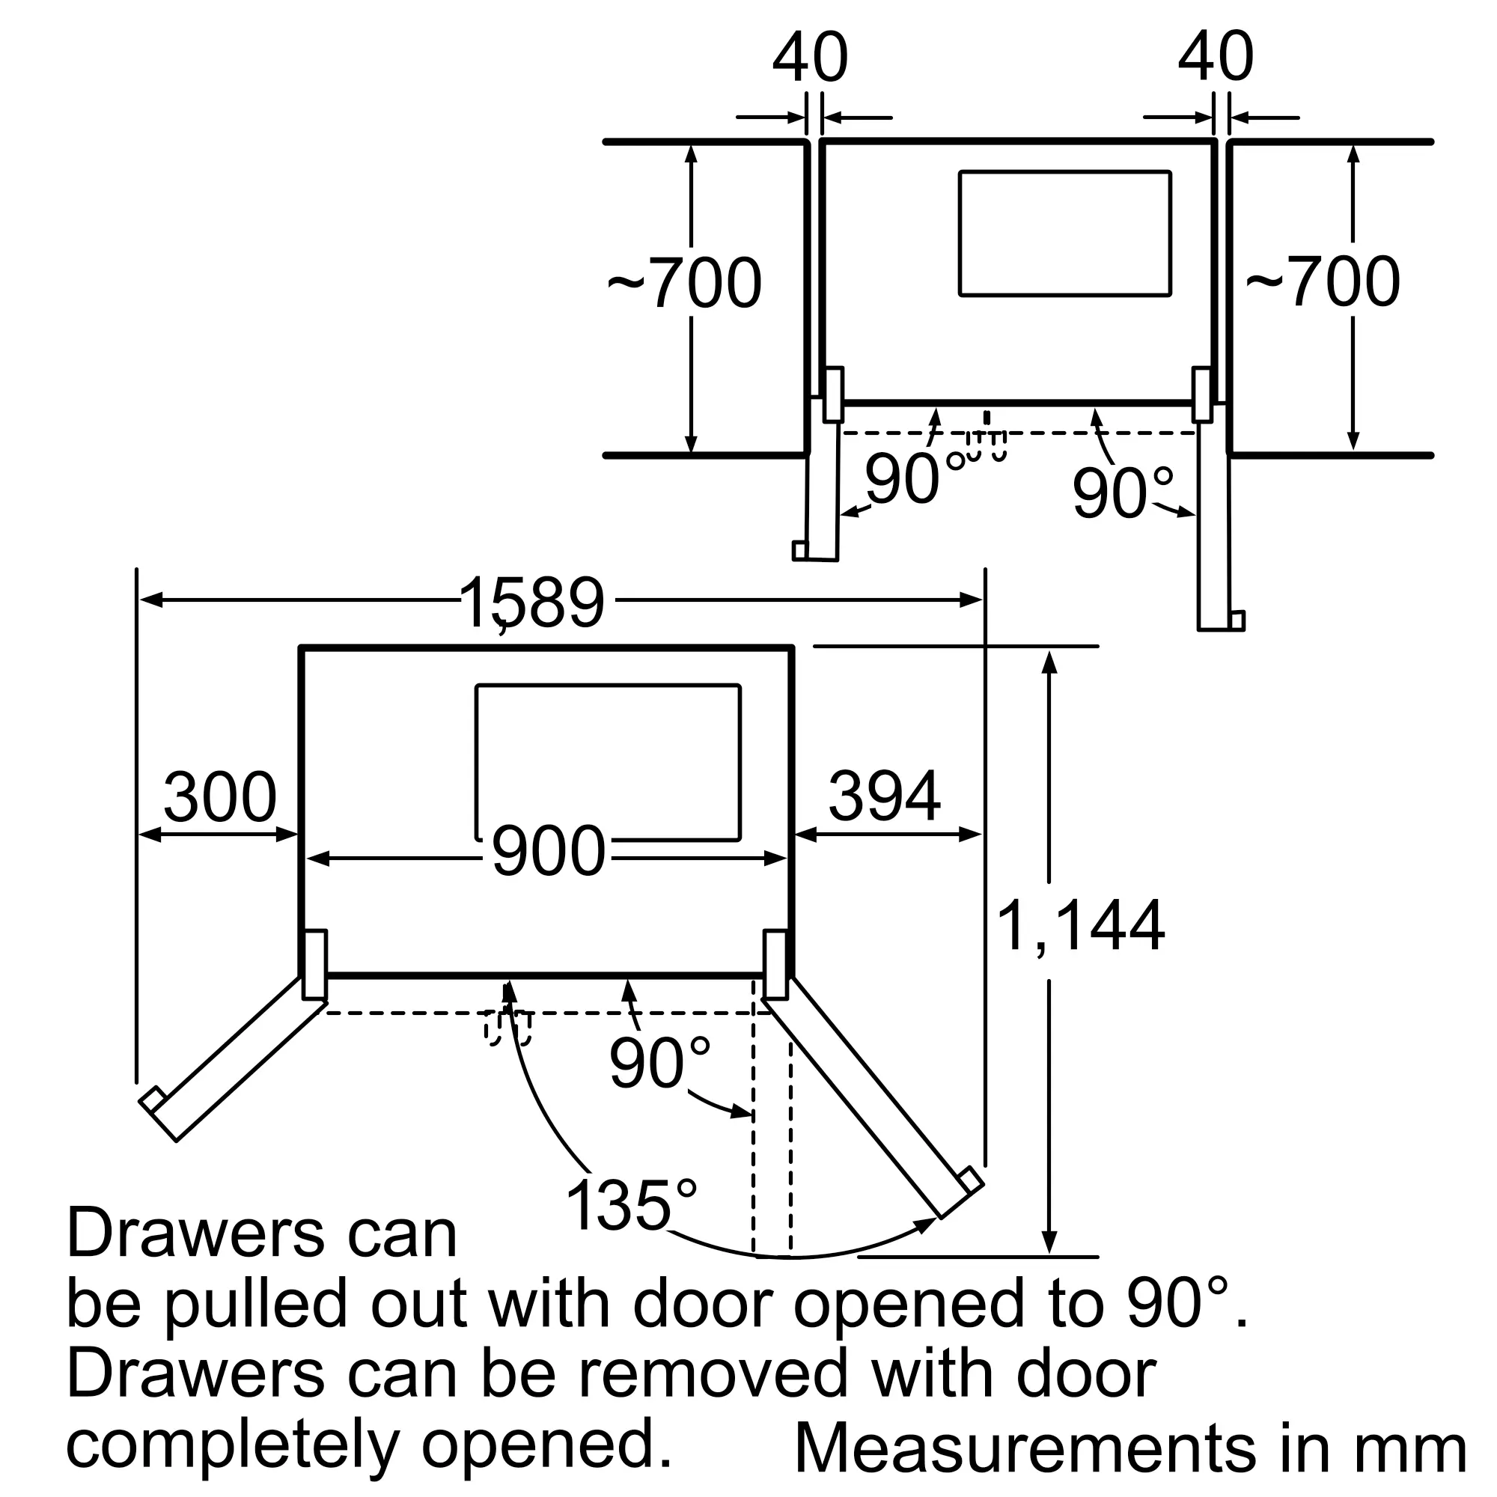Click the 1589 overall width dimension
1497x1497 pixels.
[531, 603]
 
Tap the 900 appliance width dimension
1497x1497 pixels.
[549, 852]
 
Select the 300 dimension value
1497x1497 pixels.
[220, 796]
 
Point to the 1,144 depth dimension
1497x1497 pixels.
[1080, 926]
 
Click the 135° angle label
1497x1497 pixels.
[632, 1206]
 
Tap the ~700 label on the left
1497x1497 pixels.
[684, 282]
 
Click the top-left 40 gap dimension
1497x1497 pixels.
[811, 58]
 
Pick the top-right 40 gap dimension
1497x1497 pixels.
[1216, 58]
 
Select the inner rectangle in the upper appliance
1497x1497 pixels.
[1064, 234]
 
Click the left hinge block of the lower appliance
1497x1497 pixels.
[314, 965]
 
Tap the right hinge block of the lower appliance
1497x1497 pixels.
[775, 965]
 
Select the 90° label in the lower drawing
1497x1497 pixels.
[659, 1062]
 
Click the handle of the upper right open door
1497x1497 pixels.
[1237, 621]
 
